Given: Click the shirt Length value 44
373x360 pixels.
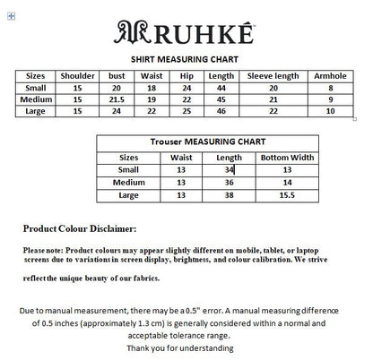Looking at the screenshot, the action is click(x=221, y=88).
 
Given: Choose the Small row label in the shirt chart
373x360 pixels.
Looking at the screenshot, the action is click(x=35, y=88).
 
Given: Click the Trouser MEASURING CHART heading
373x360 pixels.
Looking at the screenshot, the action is click(x=207, y=141).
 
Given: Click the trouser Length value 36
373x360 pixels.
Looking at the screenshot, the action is click(x=230, y=181).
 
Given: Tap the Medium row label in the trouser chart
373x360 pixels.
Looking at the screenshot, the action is click(x=129, y=181).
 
